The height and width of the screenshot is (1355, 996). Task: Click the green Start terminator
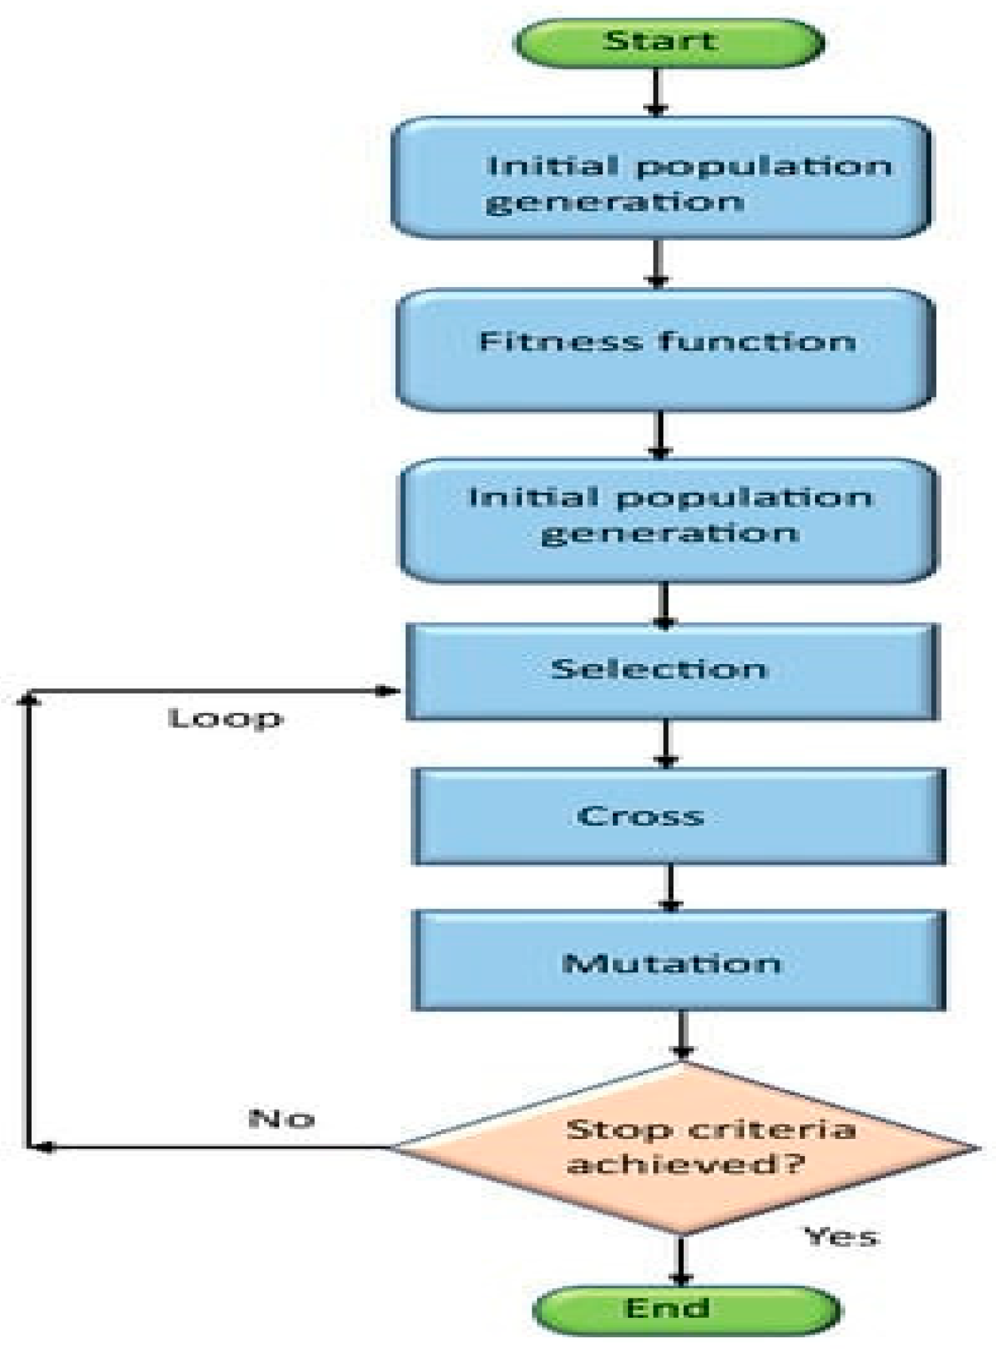pos(668,42)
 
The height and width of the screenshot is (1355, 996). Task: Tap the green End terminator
pos(686,1309)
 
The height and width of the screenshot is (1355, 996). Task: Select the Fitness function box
pos(665,350)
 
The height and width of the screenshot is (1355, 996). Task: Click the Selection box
pos(672,671)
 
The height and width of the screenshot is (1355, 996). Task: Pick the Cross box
pos(678,816)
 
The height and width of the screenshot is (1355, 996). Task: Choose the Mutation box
pos(678,961)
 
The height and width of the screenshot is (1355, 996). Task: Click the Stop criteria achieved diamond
pos(683,1147)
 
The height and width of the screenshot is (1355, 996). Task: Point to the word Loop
pos(226,718)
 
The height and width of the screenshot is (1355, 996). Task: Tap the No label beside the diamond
pos(281,1118)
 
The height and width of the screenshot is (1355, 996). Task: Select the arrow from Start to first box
pos(657,92)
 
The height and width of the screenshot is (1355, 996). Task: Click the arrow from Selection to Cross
pos(666,744)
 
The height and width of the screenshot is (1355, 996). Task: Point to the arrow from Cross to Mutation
pos(670,888)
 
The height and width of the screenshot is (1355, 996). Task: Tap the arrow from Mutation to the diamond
pos(682,1035)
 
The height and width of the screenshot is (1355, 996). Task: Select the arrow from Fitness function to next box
pos(660,435)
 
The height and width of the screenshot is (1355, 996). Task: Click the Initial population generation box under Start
pos(661,178)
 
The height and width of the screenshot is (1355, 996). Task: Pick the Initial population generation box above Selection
pos(668,520)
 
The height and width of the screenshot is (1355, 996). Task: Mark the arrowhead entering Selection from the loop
pos(389,690)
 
